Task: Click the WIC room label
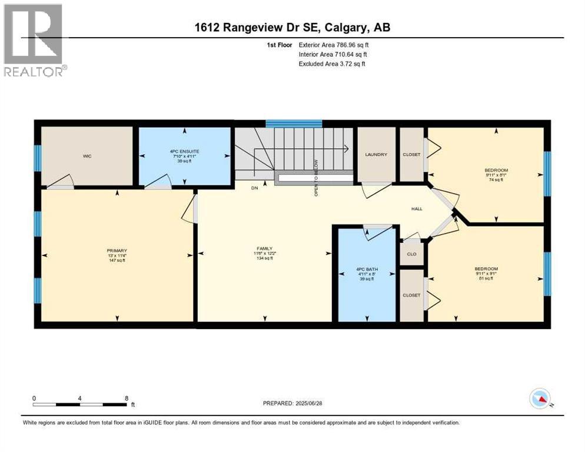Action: coord(87,156)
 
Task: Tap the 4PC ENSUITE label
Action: coord(184,151)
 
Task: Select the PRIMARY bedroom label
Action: coord(117,250)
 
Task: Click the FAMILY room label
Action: coord(265,248)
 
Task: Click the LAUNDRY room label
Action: coord(376,155)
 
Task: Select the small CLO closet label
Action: coord(412,254)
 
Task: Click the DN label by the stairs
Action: coord(255,189)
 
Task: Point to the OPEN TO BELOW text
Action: coord(316,177)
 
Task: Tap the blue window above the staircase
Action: coord(294,124)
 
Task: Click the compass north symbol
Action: coord(540,399)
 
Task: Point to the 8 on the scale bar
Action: coord(127,398)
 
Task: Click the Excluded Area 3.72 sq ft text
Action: coord(332,64)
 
